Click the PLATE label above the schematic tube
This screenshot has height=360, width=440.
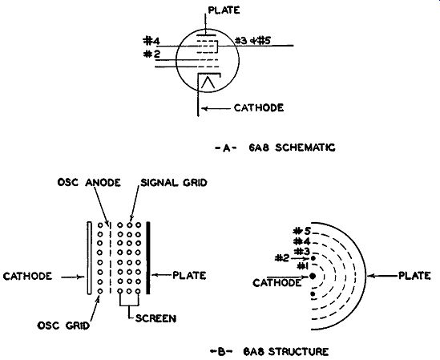[224, 10]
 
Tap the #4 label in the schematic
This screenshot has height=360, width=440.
[151, 41]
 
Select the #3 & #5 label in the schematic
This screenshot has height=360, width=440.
[252, 41]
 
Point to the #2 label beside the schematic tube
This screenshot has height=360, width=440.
[151, 54]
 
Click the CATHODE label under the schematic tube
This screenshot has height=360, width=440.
[259, 107]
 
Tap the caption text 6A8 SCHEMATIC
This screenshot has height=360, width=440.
[292, 148]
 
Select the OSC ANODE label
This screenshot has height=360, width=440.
[89, 183]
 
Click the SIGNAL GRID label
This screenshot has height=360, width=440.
[174, 183]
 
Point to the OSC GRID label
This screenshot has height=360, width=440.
[63, 326]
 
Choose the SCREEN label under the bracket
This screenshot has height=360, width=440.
[155, 318]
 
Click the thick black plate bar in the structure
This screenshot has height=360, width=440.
[148, 258]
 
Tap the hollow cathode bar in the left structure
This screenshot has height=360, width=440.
[89, 258]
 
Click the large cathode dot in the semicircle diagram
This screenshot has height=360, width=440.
[313, 277]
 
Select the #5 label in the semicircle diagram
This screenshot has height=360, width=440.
[302, 232]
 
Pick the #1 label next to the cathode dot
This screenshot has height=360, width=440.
[302, 265]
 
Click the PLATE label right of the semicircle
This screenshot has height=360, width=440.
[414, 276]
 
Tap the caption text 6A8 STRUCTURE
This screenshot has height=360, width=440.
[285, 351]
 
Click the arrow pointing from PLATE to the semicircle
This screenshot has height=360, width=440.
[382, 276]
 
